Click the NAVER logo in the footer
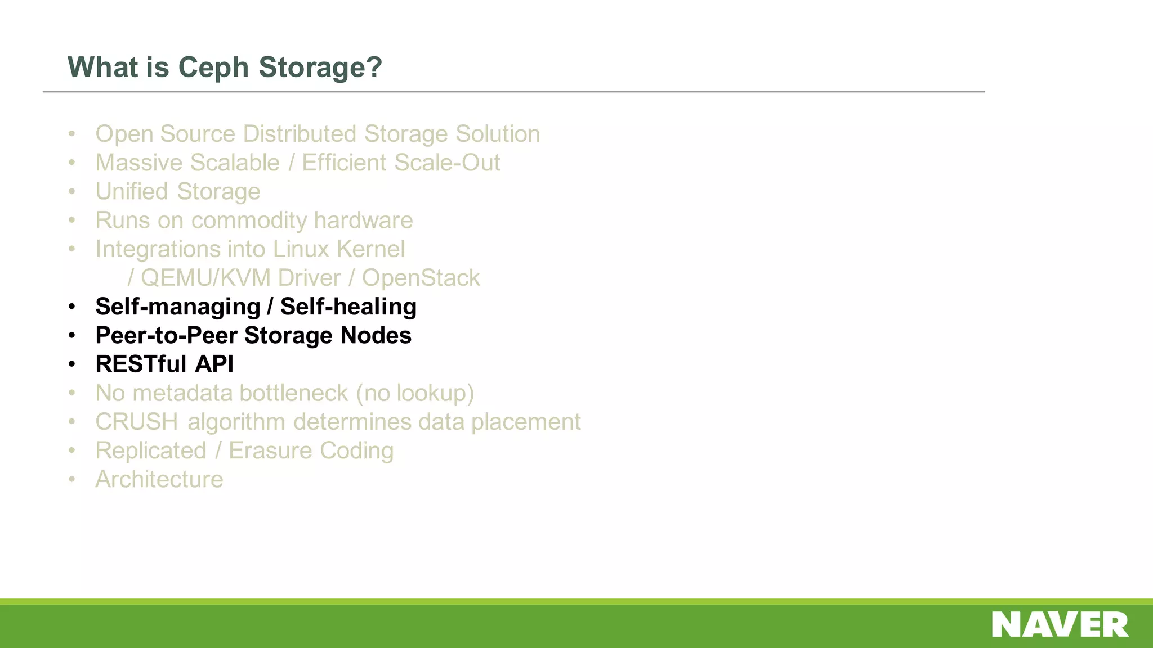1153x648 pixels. [x=1060, y=625]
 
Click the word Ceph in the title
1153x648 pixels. [x=213, y=68]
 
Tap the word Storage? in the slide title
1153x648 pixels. [x=320, y=68]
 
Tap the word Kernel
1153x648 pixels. [x=370, y=249]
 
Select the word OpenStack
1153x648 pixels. [x=421, y=278]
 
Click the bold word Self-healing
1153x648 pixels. [x=348, y=307]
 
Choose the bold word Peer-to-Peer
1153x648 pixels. [x=166, y=336]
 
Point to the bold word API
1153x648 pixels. [x=214, y=364]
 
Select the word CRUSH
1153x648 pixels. [x=137, y=422]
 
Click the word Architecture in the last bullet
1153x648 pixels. [x=159, y=480]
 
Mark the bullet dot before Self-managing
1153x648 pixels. [x=71, y=307]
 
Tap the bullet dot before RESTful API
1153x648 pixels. [x=71, y=364]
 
